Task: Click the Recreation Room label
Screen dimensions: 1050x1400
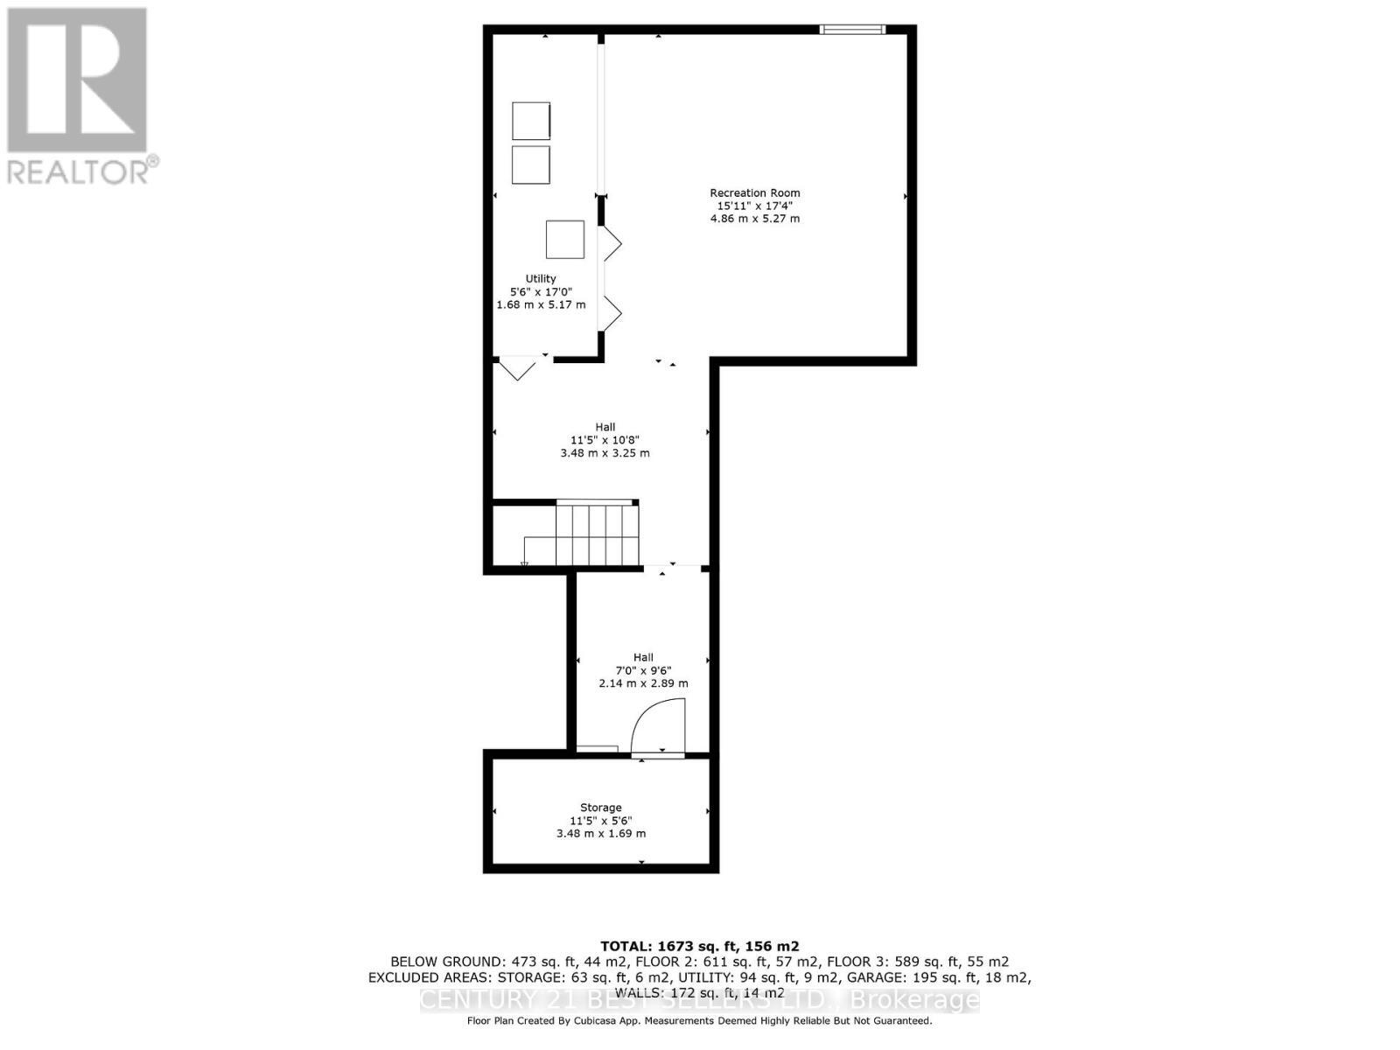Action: click(x=754, y=192)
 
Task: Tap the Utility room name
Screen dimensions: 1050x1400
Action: click(x=541, y=278)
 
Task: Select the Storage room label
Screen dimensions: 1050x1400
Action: click(x=600, y=808)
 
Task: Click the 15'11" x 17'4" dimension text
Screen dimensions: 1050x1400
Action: click(x=754, y=206)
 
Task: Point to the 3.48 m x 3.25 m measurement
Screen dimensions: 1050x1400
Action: click(x=605, y=453)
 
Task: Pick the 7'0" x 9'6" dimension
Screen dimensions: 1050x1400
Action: click(x=643, y=670)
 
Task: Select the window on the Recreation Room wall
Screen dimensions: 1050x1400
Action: click(x=852, y=30)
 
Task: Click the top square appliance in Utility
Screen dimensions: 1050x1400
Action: click(x=531, y=121)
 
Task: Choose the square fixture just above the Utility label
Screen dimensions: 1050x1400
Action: click(x=565, y=239)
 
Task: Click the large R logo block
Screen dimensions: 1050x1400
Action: click(x=77, y=80)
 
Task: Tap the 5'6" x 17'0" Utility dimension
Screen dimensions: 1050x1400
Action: click(x=541, y=291)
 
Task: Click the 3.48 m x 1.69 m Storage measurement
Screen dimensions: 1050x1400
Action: click(x=601, y=833)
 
